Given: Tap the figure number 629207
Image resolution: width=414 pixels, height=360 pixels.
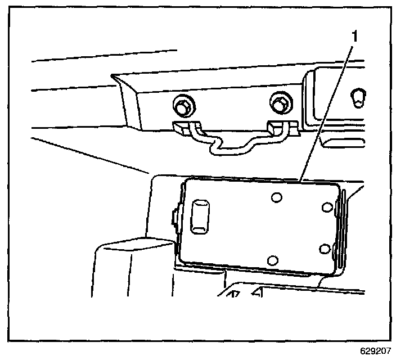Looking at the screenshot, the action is click(376, 350).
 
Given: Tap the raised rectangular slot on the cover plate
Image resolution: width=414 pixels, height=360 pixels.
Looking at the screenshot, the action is click(200, 216).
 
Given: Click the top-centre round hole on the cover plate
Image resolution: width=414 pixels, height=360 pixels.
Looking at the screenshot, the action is click(276, 198).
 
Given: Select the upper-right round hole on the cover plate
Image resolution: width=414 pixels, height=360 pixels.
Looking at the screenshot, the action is click(326, 208).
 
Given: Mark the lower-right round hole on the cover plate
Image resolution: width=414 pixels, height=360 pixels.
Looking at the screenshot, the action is click(324, 248).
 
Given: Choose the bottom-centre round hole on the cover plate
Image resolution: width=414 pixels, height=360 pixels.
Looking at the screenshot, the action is click(273, 259).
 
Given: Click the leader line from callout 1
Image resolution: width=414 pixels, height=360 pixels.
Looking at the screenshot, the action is click(326, 112).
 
